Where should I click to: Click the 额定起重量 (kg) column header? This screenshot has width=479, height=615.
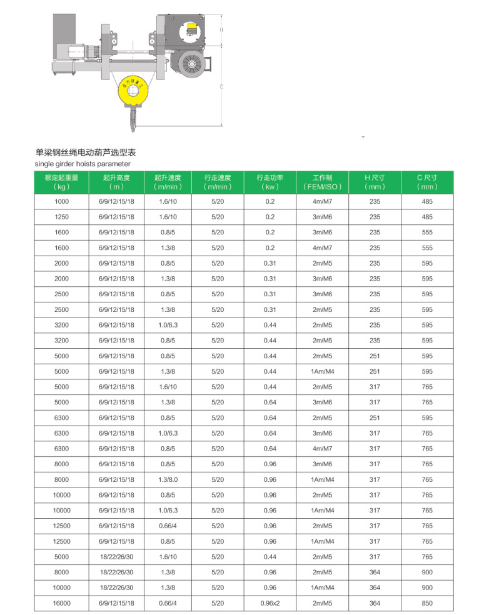coord(61,182)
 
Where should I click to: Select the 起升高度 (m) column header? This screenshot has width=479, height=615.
coord(116,182)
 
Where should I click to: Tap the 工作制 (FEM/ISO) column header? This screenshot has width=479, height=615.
coord(323,182)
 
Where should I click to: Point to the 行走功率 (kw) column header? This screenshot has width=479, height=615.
coord(270,182)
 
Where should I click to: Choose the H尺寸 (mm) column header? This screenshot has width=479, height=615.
coord(375,182)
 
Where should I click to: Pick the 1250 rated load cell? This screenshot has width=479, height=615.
coord(61,217)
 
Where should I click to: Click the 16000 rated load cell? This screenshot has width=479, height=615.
coord(61,603)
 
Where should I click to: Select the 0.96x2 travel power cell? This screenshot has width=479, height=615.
coord(270,603)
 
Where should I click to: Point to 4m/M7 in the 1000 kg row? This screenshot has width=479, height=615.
coord(323,201)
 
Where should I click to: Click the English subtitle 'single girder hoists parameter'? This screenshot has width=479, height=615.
coord(74,164)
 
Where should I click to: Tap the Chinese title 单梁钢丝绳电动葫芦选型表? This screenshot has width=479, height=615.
coord(86,152)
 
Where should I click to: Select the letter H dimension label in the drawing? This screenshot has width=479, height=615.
coord(221,29)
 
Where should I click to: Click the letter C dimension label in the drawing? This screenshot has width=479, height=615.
coord(221,87)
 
